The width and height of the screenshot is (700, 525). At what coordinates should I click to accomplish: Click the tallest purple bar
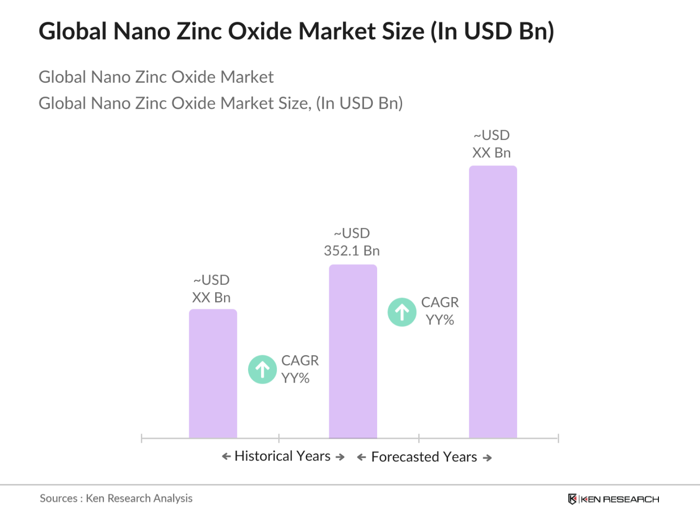coord(493,301)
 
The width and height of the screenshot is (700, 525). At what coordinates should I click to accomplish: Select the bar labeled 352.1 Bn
coord(353,351)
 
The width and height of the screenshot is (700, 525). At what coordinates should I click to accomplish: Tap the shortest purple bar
coord(213,373)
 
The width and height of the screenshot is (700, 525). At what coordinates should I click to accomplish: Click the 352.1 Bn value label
coord(352,242)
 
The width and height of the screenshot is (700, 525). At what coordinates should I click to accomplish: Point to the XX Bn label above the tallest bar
coord(492,144)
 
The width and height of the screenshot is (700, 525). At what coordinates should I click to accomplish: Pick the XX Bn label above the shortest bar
coord(211,289)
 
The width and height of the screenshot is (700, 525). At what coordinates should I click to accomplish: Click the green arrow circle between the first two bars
coord(263,369)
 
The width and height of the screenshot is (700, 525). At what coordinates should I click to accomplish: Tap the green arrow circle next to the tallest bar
coord(402,312)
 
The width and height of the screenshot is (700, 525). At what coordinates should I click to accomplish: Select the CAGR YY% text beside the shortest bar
coord(299,369)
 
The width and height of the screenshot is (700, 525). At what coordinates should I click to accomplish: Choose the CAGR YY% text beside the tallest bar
coord(440,311)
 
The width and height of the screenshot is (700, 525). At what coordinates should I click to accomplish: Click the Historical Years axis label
coord(283,456)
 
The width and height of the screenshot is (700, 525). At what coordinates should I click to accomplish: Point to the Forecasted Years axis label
coord(424,457)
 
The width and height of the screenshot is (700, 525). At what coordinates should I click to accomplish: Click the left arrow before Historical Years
coord(226,457)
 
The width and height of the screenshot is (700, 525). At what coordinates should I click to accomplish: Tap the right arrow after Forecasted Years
coord(487,458)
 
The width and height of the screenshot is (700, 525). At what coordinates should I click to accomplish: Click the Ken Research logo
coord(613,499)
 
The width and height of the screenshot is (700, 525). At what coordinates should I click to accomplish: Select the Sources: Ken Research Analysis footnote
coord(116,499)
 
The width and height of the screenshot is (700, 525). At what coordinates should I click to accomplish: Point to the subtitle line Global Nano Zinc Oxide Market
coord(156,77)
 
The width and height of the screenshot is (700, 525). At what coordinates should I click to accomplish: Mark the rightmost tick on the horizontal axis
coord(558,438)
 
